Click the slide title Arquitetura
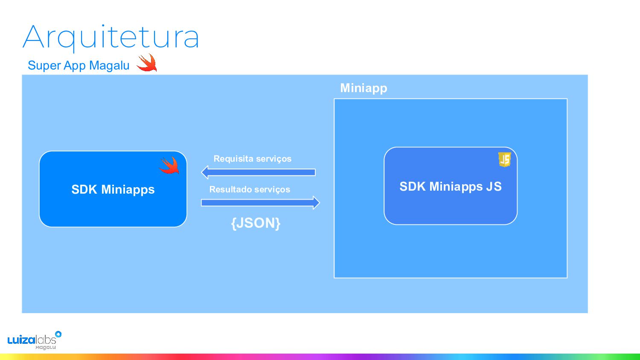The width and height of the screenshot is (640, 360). [111, 38]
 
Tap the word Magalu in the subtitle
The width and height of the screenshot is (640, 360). [109, 66]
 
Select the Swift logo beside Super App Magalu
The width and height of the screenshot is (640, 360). [147, 63]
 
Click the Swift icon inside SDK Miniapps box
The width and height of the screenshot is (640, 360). [169, 165]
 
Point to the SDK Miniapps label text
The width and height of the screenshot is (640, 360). [113, 189]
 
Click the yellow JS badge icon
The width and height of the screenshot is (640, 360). [505, 159]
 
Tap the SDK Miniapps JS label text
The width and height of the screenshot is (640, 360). [451, 186]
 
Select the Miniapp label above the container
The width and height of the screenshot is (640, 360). [364, 88]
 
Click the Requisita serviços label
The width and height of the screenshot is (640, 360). [253, 159]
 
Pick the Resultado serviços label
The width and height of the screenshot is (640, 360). [250, 189]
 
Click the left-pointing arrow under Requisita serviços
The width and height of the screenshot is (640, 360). [258, 172]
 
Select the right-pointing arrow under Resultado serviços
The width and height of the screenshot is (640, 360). [260, 203]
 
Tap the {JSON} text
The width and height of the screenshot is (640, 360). [256, 223]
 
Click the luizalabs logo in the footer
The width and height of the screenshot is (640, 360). [32, 340]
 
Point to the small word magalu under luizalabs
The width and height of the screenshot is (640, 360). [46, 348]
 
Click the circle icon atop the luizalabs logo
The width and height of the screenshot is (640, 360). [58, 334]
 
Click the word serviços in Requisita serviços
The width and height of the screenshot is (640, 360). [273, 159]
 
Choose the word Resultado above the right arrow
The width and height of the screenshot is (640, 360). [228, 189]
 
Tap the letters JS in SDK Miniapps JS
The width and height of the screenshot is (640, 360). [494, 186]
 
